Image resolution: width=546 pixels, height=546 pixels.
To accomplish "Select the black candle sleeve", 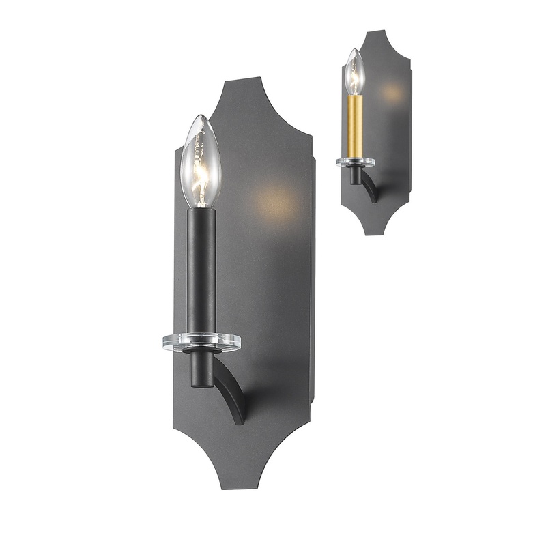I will click(202, 270).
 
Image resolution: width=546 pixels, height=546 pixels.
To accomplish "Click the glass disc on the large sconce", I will click(201, 342).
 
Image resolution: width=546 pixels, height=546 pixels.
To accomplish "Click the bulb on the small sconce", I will click(354, 73).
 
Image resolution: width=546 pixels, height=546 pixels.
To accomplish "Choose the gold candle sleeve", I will click(355, 126).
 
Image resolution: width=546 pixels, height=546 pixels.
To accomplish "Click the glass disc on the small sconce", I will click(355, 162).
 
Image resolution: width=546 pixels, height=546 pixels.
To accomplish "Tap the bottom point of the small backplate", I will click(375, 234).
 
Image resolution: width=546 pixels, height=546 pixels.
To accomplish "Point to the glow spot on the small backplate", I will click(392, 91).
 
